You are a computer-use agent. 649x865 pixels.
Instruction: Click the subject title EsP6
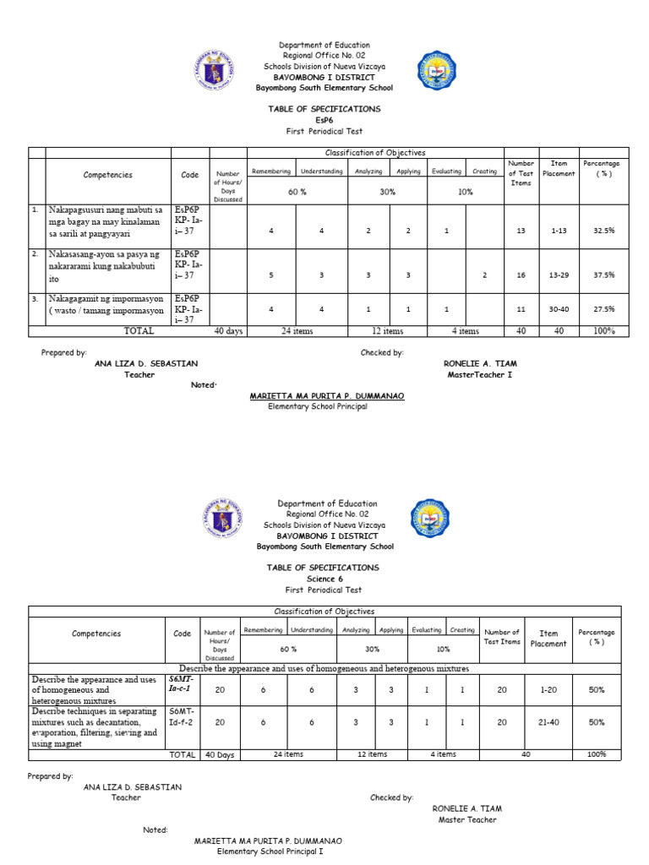[324, 121]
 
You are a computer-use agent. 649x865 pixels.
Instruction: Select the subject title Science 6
[324, 579]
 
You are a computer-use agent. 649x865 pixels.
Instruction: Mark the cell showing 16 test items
[521, 275]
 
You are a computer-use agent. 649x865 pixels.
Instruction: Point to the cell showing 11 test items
[521, 309]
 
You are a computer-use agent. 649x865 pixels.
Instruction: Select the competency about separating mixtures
[94, 722]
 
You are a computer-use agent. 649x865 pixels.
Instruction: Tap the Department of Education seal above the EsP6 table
[215, 70]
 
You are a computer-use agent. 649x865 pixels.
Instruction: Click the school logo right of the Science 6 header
[430, 519]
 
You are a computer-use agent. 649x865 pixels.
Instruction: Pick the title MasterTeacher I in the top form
[480, 374]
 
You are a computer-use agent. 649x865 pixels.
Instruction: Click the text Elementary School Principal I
[270, 851]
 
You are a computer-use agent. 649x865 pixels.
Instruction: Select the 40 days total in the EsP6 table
[228, 331]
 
